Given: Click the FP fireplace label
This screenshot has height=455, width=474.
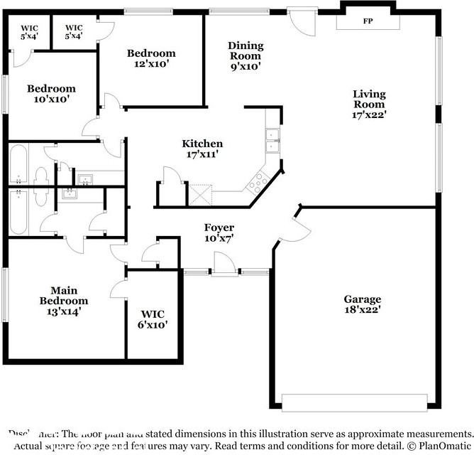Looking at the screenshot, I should tap(368, 21).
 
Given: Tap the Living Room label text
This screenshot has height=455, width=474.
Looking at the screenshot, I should tap(369, 103).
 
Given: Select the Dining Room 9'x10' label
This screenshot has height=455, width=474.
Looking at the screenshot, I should tap(245, 55).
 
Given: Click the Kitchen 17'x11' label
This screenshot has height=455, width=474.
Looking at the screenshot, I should tap(202, 149).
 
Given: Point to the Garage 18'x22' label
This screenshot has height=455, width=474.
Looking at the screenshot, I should tap(363, 304).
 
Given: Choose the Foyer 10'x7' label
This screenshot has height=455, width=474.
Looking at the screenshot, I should tap(219, 233).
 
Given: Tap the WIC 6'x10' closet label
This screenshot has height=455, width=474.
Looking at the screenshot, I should tap(153, 318).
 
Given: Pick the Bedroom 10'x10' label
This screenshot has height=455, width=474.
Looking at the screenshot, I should tap(51, 94).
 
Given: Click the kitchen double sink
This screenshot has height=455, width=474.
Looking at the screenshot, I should tap(272, 141).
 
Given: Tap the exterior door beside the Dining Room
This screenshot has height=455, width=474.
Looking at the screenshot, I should tap(299, 20).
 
